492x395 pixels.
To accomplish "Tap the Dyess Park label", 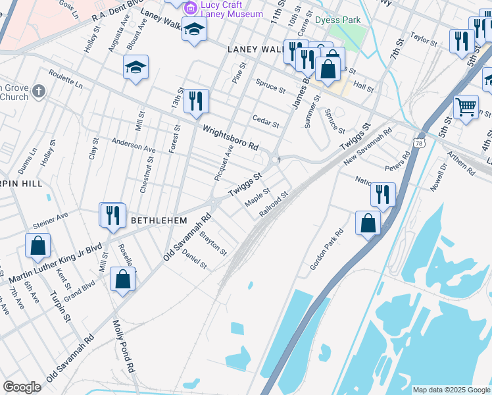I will (x=338, y=20).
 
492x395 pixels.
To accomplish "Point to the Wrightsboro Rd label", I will (x=230, y=138).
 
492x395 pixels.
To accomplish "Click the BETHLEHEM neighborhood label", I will (x=159, y=220).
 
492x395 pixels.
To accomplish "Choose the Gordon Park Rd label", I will (x=327, y=250).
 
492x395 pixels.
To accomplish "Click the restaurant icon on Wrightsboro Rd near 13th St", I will (x=196, y=101).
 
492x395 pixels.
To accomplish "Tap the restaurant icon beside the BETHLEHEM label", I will (x=112, y=215).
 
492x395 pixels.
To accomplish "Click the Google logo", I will (x=22, y=386).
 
